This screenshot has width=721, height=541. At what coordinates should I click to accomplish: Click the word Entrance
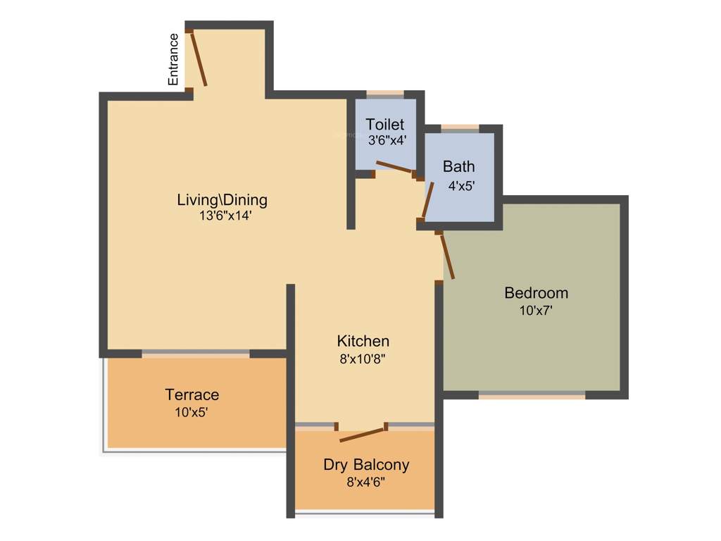[173, 60]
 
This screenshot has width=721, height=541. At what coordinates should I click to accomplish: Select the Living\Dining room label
[222, 199]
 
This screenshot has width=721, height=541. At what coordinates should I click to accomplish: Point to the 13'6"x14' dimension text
[225, 216]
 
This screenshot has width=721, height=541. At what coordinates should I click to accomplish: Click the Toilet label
[384, 125]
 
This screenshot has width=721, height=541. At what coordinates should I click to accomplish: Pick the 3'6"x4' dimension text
[387, 139]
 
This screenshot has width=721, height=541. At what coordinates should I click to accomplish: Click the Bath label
[458, 167]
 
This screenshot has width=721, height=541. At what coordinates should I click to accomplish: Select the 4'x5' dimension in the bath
[462, 187]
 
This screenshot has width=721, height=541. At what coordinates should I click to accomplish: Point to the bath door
[427, 200]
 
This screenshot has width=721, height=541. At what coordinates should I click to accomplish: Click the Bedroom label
[536, 292]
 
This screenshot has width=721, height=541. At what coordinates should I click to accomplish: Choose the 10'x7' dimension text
[536, 310]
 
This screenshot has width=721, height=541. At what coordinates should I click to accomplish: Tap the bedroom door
[447, 256]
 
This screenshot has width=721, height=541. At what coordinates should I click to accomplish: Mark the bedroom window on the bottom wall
[532, 394]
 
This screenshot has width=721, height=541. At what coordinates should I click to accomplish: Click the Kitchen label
[363, 341]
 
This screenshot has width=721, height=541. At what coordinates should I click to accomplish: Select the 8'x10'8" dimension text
[363, 359]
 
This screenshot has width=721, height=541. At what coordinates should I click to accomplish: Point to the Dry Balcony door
[363, 433]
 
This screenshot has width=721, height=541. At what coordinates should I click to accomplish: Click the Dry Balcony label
[366, 465]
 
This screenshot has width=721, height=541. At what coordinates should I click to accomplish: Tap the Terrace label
[192, 394]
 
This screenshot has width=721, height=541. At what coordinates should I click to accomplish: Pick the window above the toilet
[385, 94]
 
